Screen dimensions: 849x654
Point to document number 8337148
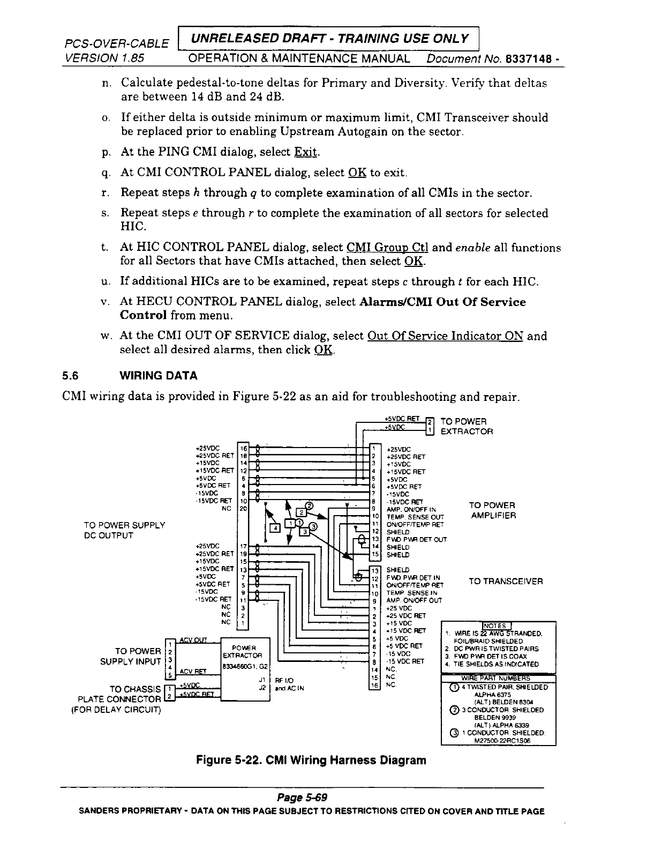pos(531,58)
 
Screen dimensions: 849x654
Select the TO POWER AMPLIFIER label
pos(492,510)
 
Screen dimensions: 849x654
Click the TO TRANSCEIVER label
pos(506,581)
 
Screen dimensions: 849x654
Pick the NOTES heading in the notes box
pos(497,625)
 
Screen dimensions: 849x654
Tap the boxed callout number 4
pos(275,528)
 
